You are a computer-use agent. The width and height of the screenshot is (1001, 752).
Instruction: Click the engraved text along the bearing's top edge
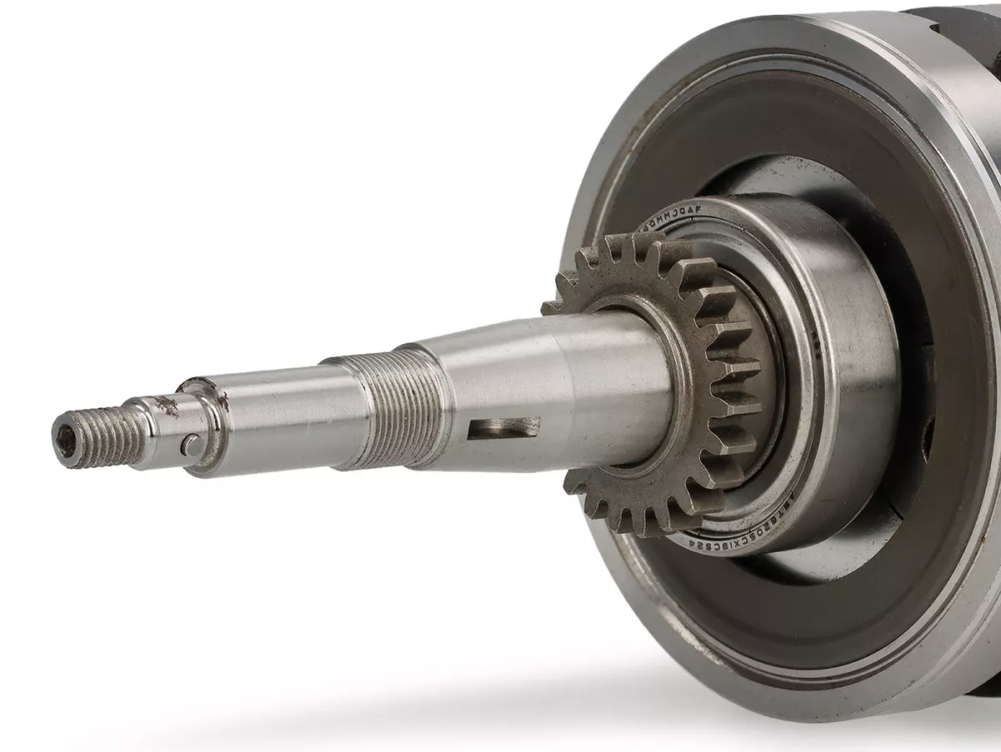pos(672,216)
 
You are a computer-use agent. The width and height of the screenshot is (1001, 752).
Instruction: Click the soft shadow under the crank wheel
pos(500,693)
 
